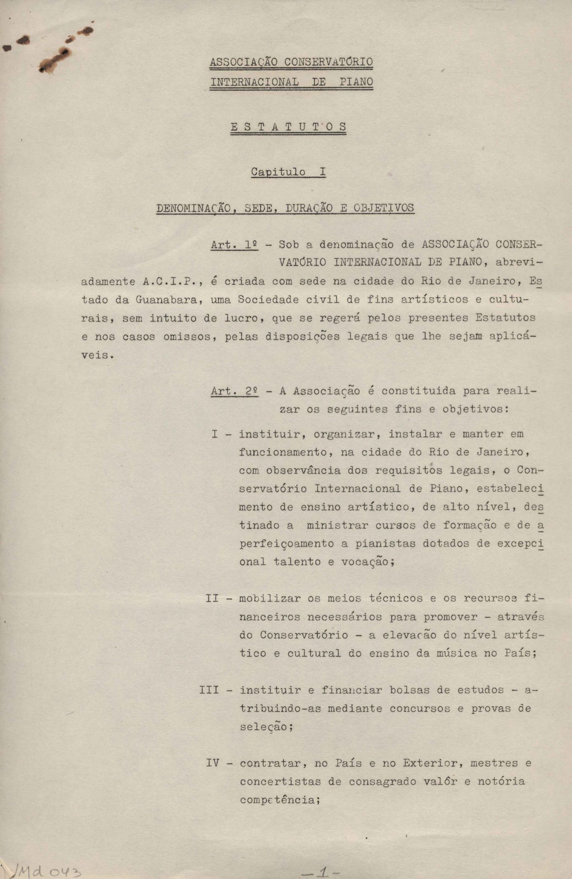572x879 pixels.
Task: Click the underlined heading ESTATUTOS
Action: click(x=288, y=127)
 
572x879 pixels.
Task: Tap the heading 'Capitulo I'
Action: click(x=288, y=172)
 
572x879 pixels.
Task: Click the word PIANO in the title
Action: click(x=356, y=81)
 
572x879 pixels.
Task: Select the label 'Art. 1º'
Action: click(x=234, y=244)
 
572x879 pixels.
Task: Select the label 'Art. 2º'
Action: click(x=234, y=391)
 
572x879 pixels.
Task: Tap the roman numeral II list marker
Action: click(x=212, y=598)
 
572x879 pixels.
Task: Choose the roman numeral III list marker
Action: click(x=209, y=690)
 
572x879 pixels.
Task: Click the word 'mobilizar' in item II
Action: click(x=270, y=598)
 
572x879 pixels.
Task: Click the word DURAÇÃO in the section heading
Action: click(x=309, y=208)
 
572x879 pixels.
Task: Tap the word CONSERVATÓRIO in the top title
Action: click(x=329, y=62)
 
